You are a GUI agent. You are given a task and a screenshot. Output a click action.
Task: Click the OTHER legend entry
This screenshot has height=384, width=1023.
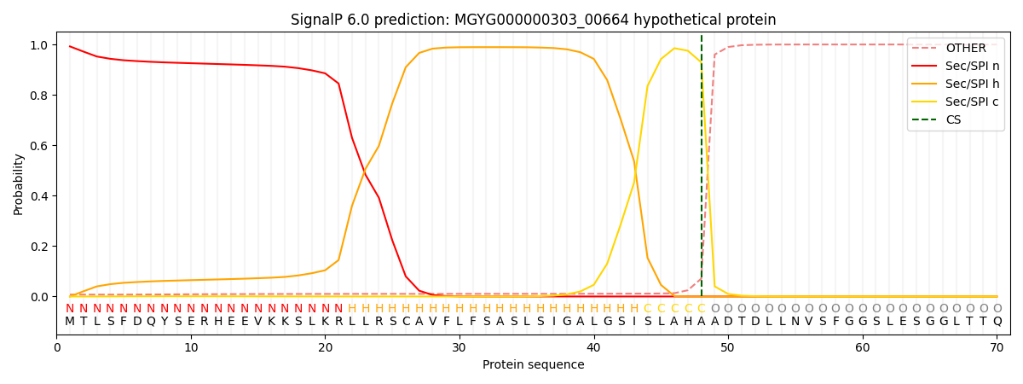[x=965, y=49]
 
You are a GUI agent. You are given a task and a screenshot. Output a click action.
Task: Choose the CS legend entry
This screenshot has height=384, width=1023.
[x=953, y=119]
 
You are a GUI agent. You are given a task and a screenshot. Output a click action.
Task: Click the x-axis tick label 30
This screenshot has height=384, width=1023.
[x=459, y=347]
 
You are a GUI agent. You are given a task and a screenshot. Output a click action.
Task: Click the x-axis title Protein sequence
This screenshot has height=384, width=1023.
[x=533, y=365]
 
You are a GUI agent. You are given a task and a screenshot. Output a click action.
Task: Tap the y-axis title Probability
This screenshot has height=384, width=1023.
[x=18, y=183]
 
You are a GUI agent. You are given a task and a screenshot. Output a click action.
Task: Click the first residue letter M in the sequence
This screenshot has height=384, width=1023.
[x=70, y=322]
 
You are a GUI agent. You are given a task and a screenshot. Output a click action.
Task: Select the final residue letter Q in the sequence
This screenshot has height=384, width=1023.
[x=997, y=322]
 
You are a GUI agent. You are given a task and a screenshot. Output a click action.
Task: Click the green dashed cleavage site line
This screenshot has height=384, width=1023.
[x=702, y=171]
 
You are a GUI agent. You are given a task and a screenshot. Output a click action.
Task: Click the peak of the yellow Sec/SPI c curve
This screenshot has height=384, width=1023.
[x=674, y=48]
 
